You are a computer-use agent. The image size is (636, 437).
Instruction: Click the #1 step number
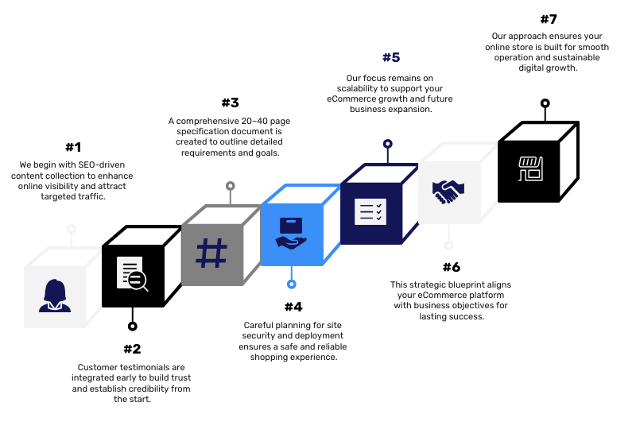click(73, 147)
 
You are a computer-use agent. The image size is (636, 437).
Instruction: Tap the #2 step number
click(132, 349)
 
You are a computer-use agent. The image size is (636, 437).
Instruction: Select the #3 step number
click(231, 102)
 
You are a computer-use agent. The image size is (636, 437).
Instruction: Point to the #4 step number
click(293, 307)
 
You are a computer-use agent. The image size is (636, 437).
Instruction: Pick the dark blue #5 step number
click(391, 57)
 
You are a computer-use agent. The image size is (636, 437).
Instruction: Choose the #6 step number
click(452, 267)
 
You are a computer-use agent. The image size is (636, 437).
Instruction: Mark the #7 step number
click(549, 19)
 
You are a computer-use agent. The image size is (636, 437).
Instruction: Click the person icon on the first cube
click(55, 296)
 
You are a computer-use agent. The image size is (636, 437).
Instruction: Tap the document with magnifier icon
click(132, 273)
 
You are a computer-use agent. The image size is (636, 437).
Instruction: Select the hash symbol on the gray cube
click(211, 253)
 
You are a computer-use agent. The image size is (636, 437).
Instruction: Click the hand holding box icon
click(291, 233)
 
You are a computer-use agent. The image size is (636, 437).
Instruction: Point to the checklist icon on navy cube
click(370, 211)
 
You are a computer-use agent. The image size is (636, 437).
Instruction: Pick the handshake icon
click(448, 191)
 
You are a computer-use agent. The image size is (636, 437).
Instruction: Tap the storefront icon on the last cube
click(530, 168)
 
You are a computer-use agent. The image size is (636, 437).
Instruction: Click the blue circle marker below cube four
click(291, 284)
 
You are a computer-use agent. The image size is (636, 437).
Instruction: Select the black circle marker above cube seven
click(545, 103)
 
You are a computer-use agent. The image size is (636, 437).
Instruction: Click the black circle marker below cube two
click(133, 326)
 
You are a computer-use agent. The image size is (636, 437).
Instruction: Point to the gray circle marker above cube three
click(231, 186)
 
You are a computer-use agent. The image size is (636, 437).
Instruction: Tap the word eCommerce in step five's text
click(347, 99)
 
